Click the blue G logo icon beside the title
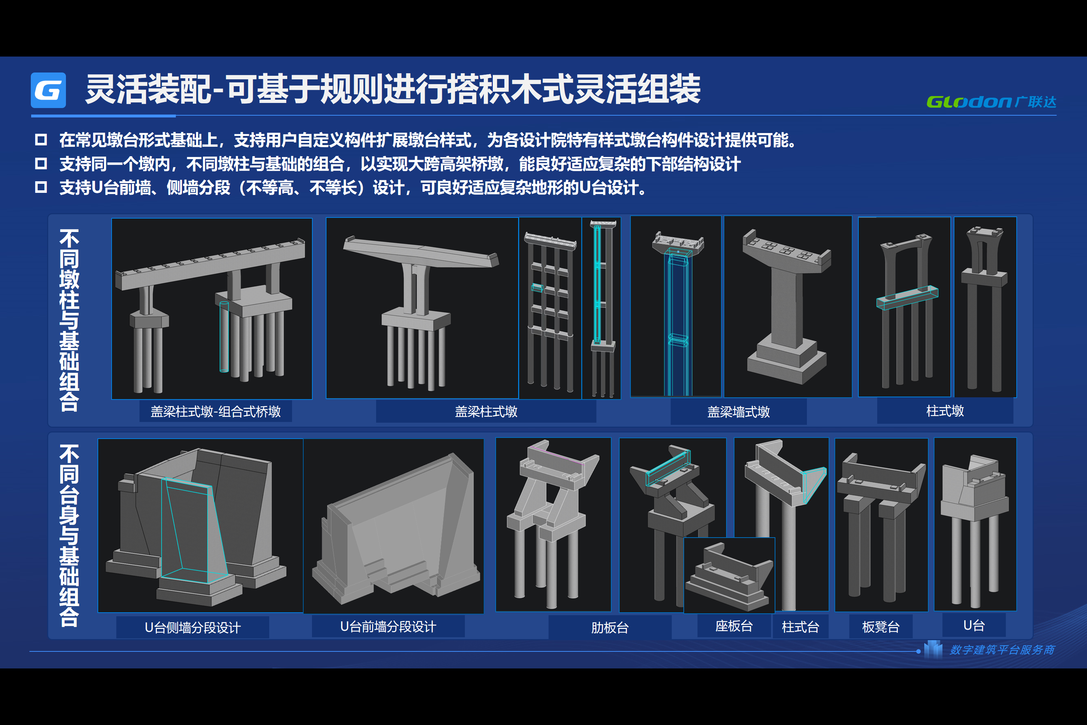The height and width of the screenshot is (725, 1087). [48, 90]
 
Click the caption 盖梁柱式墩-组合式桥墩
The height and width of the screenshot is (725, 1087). [215, 411]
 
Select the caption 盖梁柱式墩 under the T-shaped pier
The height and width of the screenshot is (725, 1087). [486, 411]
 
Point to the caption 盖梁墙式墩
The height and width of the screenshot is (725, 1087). [738, 412]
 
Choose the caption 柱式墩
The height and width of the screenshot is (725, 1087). [945, 411]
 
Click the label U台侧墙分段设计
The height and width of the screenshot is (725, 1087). [193, 627]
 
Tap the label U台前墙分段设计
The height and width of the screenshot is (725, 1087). [388, 626]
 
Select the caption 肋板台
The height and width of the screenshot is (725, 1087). [610, 627]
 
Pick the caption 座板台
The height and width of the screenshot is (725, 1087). [734, 626]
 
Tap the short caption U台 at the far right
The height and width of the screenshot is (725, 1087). [974, 626]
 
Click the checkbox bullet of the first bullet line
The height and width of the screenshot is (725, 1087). [41, 140]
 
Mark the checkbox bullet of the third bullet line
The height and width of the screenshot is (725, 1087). [41, 187]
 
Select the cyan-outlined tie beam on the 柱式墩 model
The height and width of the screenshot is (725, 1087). [907, 298]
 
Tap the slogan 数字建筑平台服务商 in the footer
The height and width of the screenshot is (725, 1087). [1002, 650]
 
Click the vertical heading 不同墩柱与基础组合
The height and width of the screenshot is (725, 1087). [69, 320]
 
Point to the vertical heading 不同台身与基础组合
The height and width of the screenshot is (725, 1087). [69, 535]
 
